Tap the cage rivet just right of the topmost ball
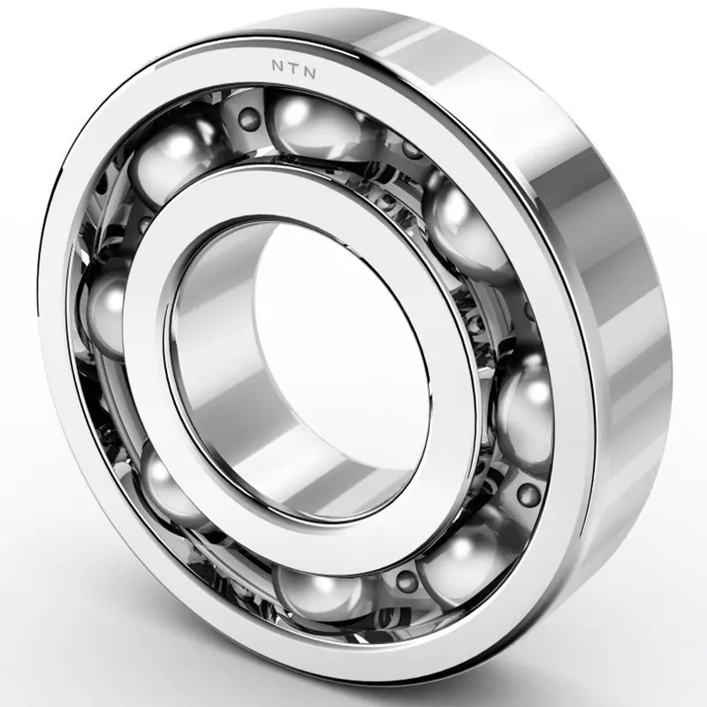(412, 149)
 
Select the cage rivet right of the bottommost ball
(404, 581)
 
